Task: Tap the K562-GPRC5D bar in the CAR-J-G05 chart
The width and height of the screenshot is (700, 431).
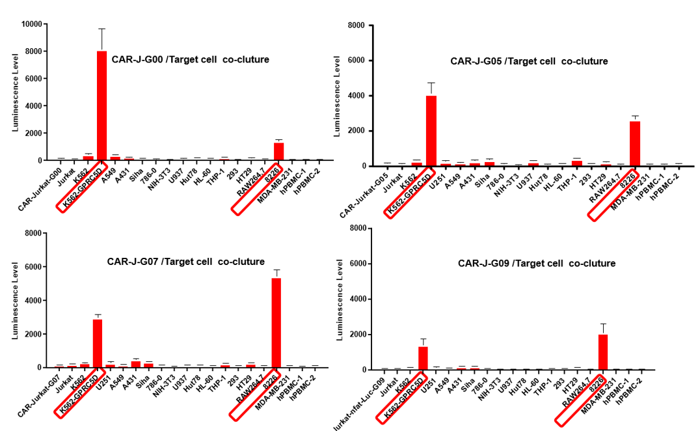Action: point(431,131)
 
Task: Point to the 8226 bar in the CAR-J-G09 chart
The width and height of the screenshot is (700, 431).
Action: point(602,352)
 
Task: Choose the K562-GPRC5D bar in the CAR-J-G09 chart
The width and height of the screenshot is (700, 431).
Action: point(423,358)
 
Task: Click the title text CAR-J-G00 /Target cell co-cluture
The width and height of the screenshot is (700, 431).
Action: point(190,60)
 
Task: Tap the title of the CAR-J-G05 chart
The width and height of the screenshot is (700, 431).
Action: point(529,61)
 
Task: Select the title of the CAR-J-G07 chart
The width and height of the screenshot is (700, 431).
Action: point(185,262)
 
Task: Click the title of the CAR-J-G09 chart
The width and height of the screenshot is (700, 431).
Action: point(536,264)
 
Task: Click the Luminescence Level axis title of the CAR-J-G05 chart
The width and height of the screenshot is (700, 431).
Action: point(337,96)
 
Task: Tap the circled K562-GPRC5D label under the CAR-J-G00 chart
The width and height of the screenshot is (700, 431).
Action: point(81,188)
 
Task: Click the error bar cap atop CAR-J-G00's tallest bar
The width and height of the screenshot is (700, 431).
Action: point(101,29)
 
